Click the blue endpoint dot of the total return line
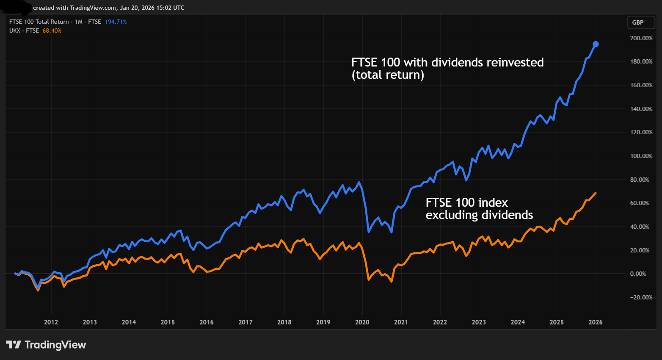[596, 44]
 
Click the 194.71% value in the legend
[116, 22]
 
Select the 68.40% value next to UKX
[52, 30]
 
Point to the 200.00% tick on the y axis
[641, 38]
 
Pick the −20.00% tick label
[641, 297]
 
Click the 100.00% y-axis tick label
[641, 156]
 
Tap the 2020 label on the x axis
[362, 322]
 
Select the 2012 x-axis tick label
[51, 322]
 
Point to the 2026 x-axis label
[595, 322]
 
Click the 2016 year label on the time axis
[207, 322]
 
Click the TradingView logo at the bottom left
[46, 345]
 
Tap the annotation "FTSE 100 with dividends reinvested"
[447, 62]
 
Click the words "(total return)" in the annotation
[387, 75]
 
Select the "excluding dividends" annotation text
[479, 215]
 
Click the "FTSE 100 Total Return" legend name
[39, 22]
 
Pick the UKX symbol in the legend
[15, 30]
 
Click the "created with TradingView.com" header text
[74, 8]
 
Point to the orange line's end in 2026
[596, 193]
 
